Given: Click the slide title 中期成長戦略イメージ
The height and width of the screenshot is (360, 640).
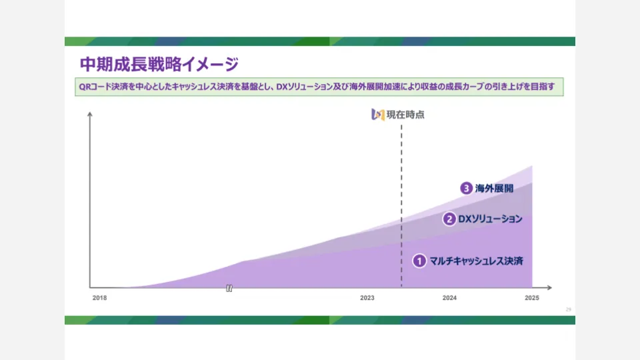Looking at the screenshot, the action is pos(159,64).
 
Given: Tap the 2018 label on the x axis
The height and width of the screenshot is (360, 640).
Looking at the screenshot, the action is pos(99,298).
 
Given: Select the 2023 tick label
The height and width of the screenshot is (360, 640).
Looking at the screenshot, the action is pos(367,298).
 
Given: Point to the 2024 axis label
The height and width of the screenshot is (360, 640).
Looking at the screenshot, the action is pos(449,298).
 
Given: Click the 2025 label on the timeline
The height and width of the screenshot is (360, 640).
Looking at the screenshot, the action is pos(532,298).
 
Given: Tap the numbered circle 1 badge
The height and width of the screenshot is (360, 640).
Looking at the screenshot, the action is pos(419,261).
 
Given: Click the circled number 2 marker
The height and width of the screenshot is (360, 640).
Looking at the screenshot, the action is pos(449,219).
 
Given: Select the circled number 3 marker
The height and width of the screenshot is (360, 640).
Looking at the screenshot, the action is pos(466,188).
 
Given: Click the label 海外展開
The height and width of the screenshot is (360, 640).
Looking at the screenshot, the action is pos(494,189).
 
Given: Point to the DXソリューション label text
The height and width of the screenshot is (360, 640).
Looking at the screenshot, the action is pos(490,219).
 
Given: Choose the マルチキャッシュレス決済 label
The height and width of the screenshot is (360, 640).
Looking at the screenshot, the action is pos(476,261).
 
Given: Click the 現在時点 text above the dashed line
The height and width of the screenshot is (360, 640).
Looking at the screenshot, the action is pos(406,115).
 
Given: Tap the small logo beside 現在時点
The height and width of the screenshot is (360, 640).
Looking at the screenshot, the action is pos(378,115).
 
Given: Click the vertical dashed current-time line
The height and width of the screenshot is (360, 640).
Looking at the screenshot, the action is pos(401,206).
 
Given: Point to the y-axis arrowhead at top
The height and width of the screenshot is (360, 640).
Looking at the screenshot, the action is pos(90,115).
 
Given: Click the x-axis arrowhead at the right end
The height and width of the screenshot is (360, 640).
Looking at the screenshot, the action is pos(549,287).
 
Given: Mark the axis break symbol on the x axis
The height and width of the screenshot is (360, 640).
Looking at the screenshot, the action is pos(229,288).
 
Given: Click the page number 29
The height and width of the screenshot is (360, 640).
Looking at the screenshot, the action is pos(568,309).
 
